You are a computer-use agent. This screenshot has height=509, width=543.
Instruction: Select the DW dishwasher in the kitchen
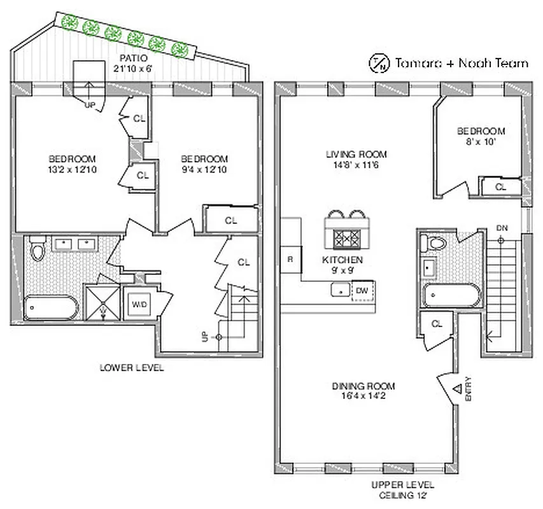click(x=361, y=290)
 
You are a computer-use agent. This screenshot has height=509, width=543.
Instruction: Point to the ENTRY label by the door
click(x=469, y=389)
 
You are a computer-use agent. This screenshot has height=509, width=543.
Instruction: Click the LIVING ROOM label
click(x=356, y=154)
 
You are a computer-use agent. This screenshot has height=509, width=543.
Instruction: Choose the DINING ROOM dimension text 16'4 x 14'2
click(x=363, y=396)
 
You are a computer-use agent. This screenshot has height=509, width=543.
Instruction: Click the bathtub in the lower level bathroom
click(x=51, y=308)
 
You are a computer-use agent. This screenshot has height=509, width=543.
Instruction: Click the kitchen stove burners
click(x=348, y=238)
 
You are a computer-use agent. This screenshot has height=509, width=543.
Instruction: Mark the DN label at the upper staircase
click(x=502, y=228)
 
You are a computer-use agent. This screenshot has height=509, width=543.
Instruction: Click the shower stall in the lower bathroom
click(x=103, y=302)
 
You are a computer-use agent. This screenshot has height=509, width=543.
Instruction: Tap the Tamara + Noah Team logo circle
click(x=379, y=62)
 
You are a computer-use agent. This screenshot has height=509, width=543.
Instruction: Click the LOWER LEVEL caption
click(x=132, y=368)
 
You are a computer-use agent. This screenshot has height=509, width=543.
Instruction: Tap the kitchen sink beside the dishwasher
click(x=339, y=290)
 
